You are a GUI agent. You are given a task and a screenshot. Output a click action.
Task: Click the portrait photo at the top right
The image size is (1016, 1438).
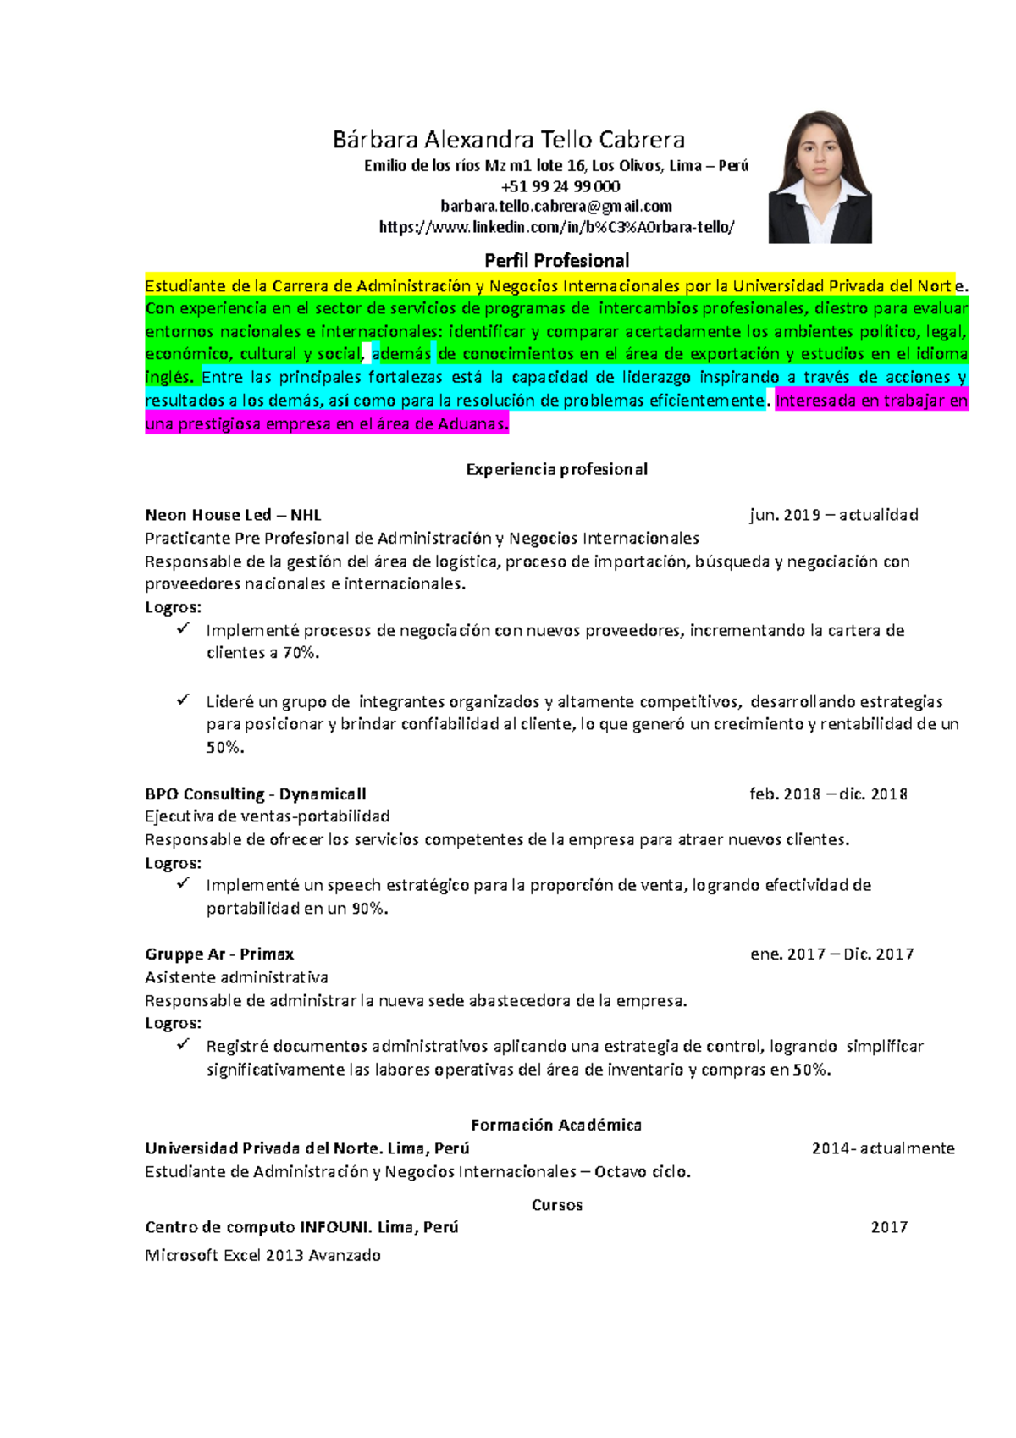(820, 177)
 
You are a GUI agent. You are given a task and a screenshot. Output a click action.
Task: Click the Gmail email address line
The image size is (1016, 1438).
(556, 206)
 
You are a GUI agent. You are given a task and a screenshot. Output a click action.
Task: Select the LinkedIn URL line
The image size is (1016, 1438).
(556, 227)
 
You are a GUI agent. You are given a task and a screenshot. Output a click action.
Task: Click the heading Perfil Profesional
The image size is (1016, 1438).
(556, 261)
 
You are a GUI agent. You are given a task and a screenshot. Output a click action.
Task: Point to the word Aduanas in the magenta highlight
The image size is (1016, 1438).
(472, 424)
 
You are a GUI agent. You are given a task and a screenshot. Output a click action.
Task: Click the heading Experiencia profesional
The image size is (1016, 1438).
(556, 469)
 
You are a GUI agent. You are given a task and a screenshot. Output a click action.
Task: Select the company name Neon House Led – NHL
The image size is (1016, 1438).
(233, 515)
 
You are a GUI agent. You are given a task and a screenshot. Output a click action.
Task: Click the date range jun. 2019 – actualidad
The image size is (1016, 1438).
(833, 515)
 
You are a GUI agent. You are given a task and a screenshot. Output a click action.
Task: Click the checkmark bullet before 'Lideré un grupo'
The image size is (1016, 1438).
(183, 700)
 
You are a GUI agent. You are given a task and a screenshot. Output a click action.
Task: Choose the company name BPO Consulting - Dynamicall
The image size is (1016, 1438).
(255, 794)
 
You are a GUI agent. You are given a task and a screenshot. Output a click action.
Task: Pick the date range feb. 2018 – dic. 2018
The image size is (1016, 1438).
(828, 794)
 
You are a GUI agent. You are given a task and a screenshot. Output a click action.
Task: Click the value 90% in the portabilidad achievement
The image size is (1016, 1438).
(369, 909)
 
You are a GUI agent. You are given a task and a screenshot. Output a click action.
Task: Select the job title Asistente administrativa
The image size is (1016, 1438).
(236, 977)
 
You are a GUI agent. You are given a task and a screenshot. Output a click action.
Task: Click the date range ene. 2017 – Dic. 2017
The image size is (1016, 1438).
(831, 954)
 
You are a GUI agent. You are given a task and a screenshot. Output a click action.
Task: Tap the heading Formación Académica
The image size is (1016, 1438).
(556, 1125)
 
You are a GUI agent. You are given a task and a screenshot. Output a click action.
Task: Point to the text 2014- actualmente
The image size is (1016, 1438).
(883, 1148)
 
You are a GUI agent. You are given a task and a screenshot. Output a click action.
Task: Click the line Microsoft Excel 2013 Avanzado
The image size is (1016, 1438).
(262, 1255)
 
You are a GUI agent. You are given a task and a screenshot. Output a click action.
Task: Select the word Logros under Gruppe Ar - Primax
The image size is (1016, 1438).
(172, 1023)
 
